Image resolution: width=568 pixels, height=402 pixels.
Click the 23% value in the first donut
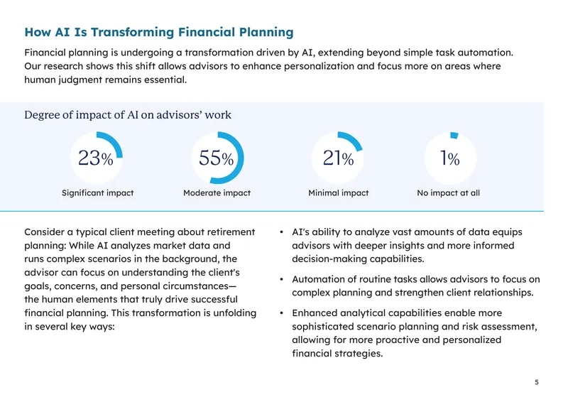tap(96, 158)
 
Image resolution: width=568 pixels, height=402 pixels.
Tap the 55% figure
tap(217, 158)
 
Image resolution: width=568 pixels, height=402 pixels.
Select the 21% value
tap(339, 158)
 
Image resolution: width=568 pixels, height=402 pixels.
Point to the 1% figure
tap(450, 158)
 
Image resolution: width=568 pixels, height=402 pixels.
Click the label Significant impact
tap(98, 193)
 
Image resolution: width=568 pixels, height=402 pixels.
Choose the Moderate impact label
tap(217, 193)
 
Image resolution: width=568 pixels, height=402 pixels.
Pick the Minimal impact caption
tap(339, 193)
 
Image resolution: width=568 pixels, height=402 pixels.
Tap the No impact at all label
tap(449, 193)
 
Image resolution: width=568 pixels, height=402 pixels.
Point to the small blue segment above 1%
tap(454, 135)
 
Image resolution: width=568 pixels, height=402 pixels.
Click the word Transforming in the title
tap(133, 32)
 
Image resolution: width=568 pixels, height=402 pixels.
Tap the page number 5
tap(537, 382)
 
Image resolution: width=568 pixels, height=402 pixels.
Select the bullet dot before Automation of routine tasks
tap(281, 279)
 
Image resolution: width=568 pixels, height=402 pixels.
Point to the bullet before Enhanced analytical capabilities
tap(281, 313)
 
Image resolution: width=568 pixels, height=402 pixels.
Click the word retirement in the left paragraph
tap(227, 232)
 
